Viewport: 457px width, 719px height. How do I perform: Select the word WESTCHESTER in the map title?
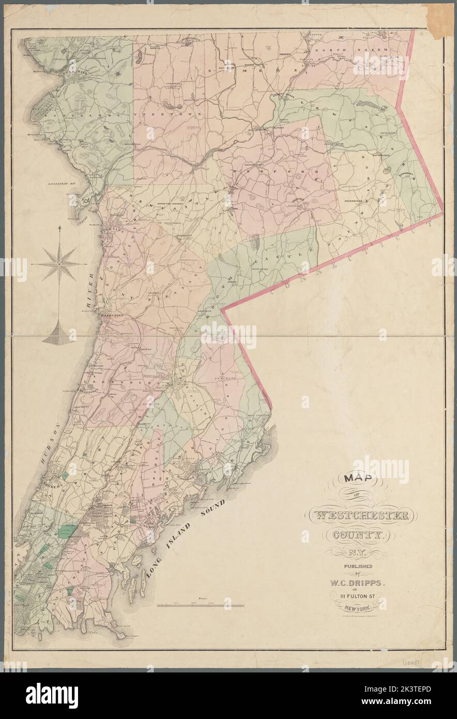point(362,516)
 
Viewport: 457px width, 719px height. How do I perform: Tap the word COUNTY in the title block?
point(361,535)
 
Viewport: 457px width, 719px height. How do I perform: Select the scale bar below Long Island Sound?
point(201,604)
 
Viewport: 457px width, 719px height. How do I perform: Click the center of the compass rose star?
point(59,264)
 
